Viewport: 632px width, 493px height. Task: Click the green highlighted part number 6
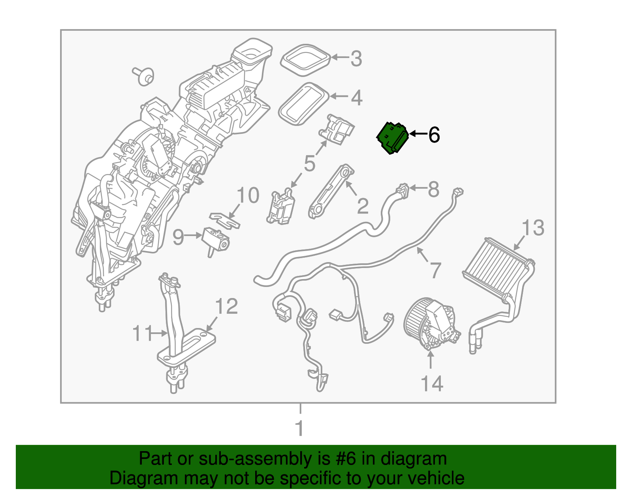pos(392,138)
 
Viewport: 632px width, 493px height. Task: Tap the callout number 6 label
pos(434,135)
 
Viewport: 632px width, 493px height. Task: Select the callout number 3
pos(356,59)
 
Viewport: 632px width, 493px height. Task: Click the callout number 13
pos(533,228)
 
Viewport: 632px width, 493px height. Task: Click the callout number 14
pos(432,384)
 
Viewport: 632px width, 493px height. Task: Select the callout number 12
pos(227,307)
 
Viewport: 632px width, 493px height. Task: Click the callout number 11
pos(142,334)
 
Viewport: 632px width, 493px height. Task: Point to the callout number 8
pos(434,189)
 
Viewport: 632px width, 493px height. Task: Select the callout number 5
pos(310,163)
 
